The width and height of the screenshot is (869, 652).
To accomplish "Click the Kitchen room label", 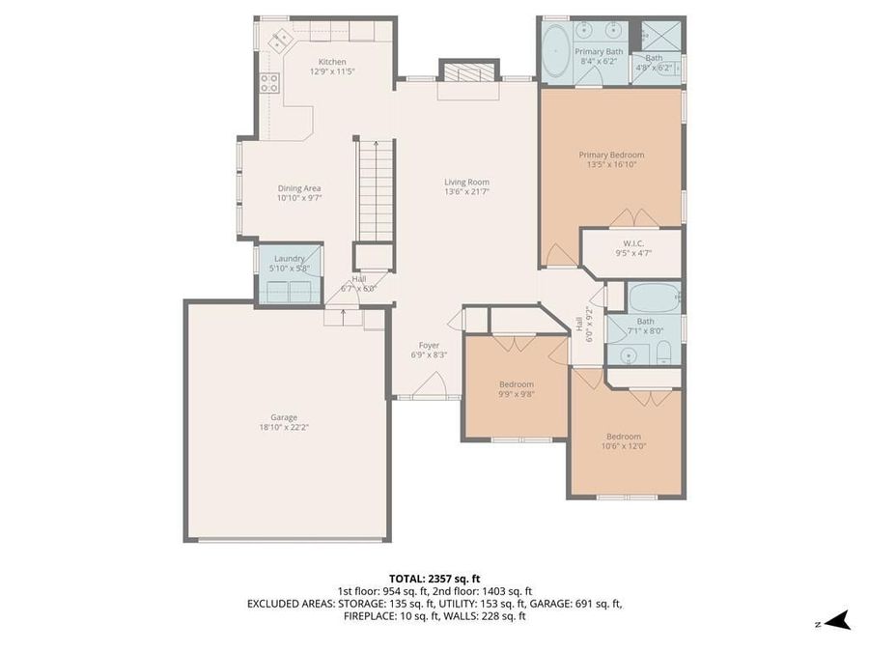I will [x=325, y=61].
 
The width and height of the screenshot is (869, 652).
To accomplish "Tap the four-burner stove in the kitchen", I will [x=269, y=84].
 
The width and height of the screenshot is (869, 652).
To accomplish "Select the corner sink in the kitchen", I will [x=282, y=41].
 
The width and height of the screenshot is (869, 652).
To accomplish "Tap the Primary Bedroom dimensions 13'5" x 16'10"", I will [x=611, y=164].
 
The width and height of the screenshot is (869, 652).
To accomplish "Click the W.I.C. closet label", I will [x=633, y=243].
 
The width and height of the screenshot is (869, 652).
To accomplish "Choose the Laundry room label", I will [x=289, y=258].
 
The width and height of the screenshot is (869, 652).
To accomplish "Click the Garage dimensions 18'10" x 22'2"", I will [x=283, y=427].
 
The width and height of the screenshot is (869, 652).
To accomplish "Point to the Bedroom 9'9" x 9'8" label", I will [x=516, y=384].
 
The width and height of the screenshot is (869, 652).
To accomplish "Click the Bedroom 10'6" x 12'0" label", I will [x=623, y=436].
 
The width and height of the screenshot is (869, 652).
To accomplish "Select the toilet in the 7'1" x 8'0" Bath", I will [x=664, y=355].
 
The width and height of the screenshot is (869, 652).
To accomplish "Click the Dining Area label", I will [x=298, y=188].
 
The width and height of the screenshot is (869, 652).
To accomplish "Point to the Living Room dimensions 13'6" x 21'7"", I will [x=466, y=192].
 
